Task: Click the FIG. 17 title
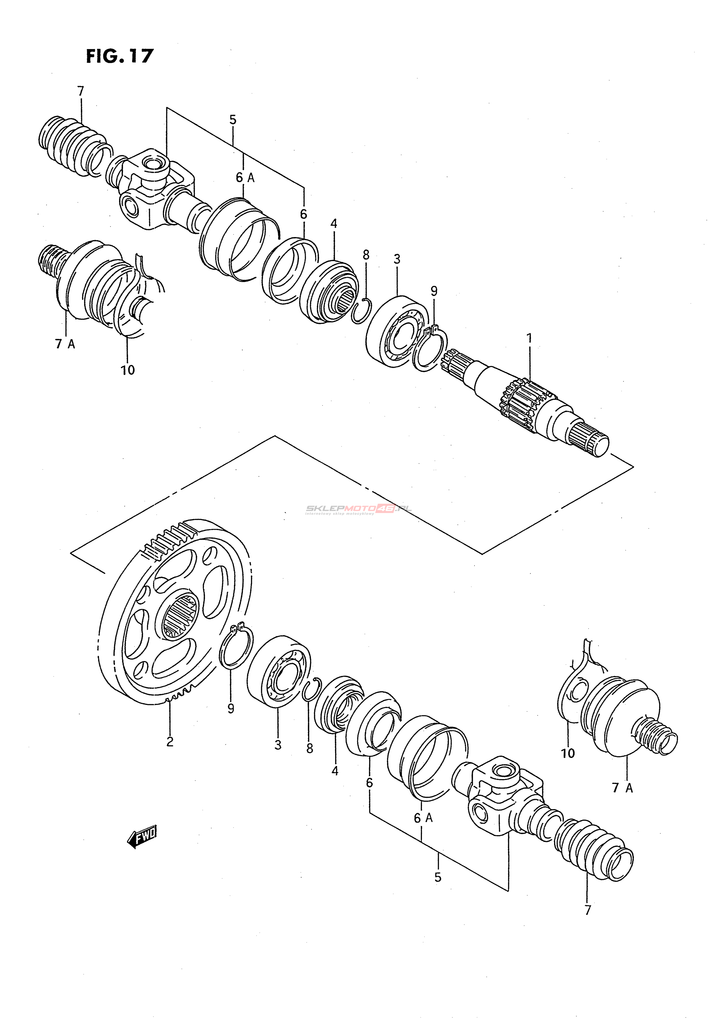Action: tap(119, 56)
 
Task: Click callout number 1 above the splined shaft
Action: tap(528, 339)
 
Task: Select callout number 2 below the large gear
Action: tap(170, 741)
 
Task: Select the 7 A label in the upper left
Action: tap(65, 344)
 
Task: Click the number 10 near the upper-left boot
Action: tap(128, 370)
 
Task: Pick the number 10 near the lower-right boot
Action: tap(568, 753)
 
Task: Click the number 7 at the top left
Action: tap(80, 91)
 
